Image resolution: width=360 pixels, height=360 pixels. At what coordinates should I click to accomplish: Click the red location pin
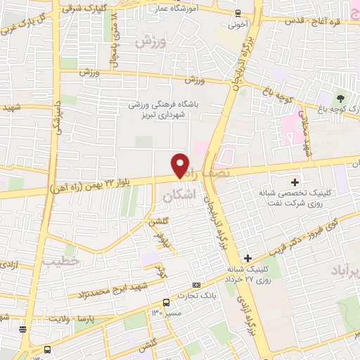click(181, 165)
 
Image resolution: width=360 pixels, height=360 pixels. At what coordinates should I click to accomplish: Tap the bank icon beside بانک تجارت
click(196, 285)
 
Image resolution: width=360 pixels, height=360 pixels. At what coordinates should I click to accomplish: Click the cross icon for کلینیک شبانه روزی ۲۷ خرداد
click(248, 258)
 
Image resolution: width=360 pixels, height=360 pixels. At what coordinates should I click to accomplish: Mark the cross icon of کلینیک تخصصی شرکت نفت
click(295, 184)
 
